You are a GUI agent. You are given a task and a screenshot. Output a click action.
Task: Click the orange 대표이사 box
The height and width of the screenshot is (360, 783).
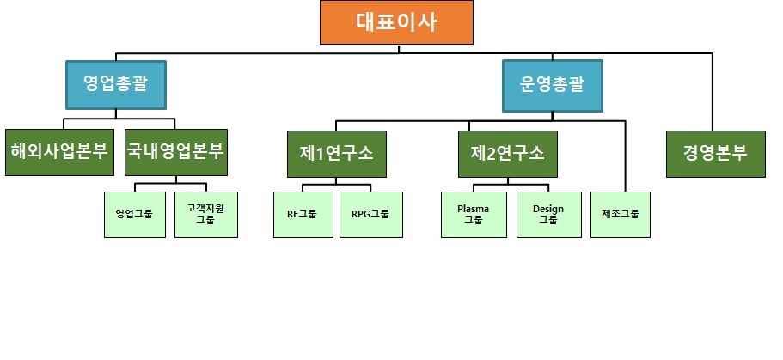[x=396, y=22]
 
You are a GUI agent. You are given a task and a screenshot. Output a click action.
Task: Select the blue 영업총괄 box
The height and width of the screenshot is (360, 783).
[x=115, y=84]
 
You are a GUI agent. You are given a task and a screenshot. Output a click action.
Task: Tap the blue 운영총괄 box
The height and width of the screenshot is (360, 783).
[x=552, y=85]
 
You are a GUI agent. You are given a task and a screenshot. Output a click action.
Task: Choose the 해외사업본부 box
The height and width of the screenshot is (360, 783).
[x=59, y=153]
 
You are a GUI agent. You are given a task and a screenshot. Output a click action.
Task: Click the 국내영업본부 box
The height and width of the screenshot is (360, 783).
[x=175, y=153]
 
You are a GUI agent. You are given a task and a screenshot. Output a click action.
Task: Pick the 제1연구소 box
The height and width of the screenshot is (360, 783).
[x=337, y=154]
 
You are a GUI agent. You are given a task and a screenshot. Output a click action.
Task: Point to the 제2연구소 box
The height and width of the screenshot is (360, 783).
[x=507, y=154]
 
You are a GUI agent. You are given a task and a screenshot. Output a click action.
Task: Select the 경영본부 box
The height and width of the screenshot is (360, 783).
[x=715, y=154]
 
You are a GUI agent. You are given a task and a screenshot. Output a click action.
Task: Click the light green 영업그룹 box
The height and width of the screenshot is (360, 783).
[x=133, y=214]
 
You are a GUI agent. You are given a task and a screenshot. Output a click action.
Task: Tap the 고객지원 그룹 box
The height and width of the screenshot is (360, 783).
[x=205, y=214]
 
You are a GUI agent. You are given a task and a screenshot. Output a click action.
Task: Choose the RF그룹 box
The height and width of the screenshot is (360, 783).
[x=303, y=214]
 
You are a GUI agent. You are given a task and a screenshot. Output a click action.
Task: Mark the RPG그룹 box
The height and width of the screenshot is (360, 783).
[x=370, y=214]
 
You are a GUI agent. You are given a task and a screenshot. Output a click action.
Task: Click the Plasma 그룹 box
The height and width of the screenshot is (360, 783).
[x=474, y=214]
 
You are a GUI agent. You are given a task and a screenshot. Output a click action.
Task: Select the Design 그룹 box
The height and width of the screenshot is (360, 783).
[x=548, y=214]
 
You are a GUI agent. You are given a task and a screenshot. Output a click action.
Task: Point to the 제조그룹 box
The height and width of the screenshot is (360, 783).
[x=621, y=214]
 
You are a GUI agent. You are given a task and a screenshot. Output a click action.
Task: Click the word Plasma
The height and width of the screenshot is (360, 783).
[x=474, y=209]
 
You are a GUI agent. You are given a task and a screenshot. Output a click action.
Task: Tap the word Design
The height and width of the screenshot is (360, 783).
[x=548, y=209]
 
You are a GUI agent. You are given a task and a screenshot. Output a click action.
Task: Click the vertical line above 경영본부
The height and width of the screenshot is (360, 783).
[x=713, y=95]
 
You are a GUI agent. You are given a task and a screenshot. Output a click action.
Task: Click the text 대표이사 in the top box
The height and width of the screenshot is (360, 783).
[x=396, y=22]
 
